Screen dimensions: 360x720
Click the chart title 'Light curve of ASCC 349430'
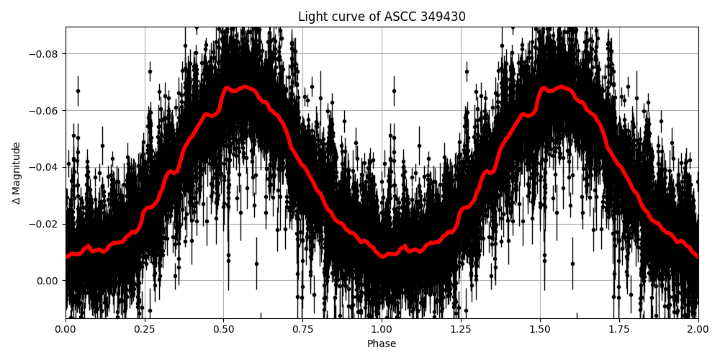pyautogui.click(x=382, y=17)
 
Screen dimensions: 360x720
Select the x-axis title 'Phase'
pyautogui.click(x=382, y=344)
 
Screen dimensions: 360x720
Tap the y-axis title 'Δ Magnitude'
pyautogui.click(x=17, y=173)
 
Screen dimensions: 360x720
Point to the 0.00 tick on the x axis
pyautogui.click(x=66, y=330)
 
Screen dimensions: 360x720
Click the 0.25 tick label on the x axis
pyautogui.click(x=145, y=330)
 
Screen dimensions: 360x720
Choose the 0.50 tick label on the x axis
pyautogui.click(x=224, y=330)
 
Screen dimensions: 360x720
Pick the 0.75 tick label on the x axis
pyautogui.click(x=303, y=330)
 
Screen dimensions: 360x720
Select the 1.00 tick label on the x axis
pyautogui.click(x=382, y=330)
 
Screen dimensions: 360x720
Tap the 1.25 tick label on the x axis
pyautogui.click(x=461, y=330)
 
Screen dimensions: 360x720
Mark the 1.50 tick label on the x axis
pyautogui.click(x=540, y=330)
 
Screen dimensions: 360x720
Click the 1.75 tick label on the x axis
pyautogui.click(x=619, y=330)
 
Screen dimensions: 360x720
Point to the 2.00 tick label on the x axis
pyautogui.click(x=698, y=330)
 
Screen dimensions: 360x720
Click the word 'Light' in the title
pyautogui.click(x=312, y=17)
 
